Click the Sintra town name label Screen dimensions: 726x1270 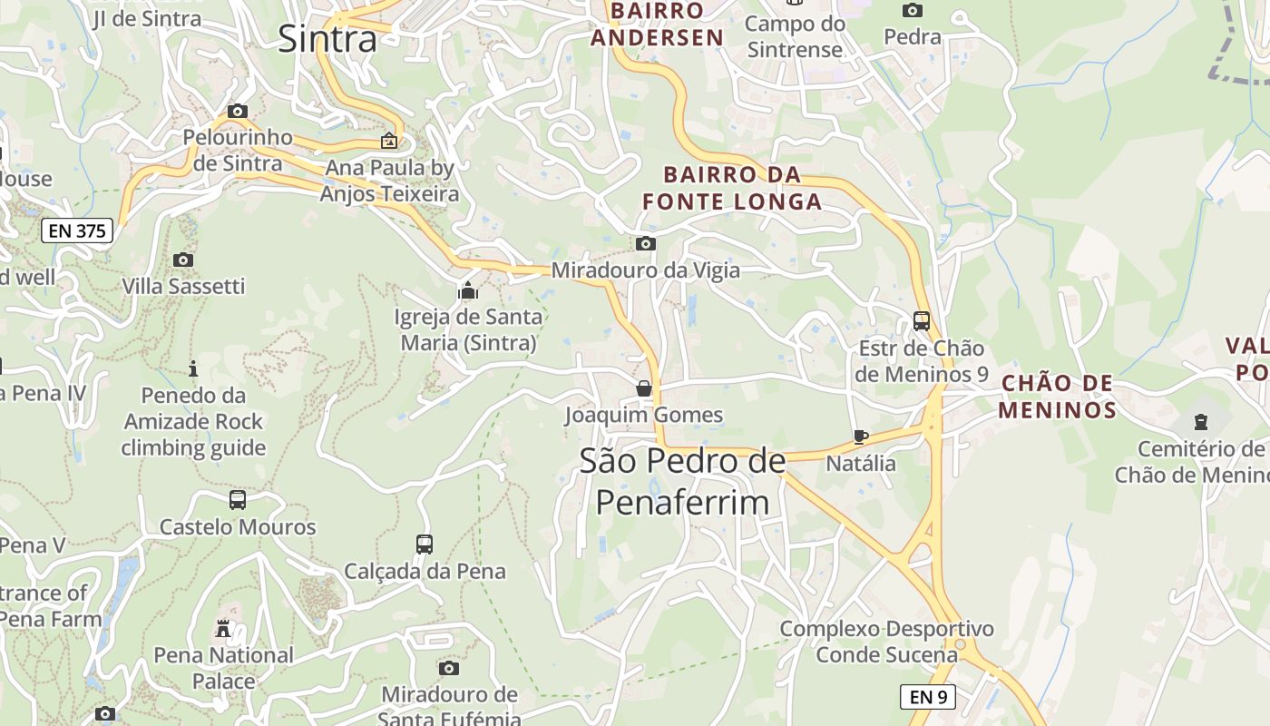click(327, 39)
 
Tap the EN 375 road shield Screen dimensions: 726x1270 click(77, 231)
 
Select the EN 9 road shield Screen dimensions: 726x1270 click(928, 697)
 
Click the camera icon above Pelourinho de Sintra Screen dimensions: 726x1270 click(238, 112)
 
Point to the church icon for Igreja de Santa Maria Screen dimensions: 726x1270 click(468, 290)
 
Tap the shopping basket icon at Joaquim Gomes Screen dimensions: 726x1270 click(644, 388)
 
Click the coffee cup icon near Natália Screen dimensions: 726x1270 click(861, 437)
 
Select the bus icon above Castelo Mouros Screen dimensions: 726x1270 click(238, 500)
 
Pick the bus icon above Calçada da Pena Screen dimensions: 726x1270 click(425, 544)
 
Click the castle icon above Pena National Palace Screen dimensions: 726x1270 click(223, 628)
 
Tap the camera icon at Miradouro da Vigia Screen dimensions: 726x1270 click(646, 243)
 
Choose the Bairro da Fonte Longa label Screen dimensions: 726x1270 click(733, 188)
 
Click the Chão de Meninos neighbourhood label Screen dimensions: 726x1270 click(1058, 397)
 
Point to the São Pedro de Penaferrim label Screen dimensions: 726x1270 click(682, 481)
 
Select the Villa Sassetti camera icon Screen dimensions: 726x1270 click(183, 260)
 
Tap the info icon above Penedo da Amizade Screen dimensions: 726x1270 click(193, 368)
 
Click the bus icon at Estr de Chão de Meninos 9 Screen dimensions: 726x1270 click(922, 321)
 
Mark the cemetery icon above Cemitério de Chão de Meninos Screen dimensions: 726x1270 click(1201, 422)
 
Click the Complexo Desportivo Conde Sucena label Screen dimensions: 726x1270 click(886, 642)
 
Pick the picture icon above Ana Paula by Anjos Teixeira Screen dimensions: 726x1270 click(389, 141)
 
